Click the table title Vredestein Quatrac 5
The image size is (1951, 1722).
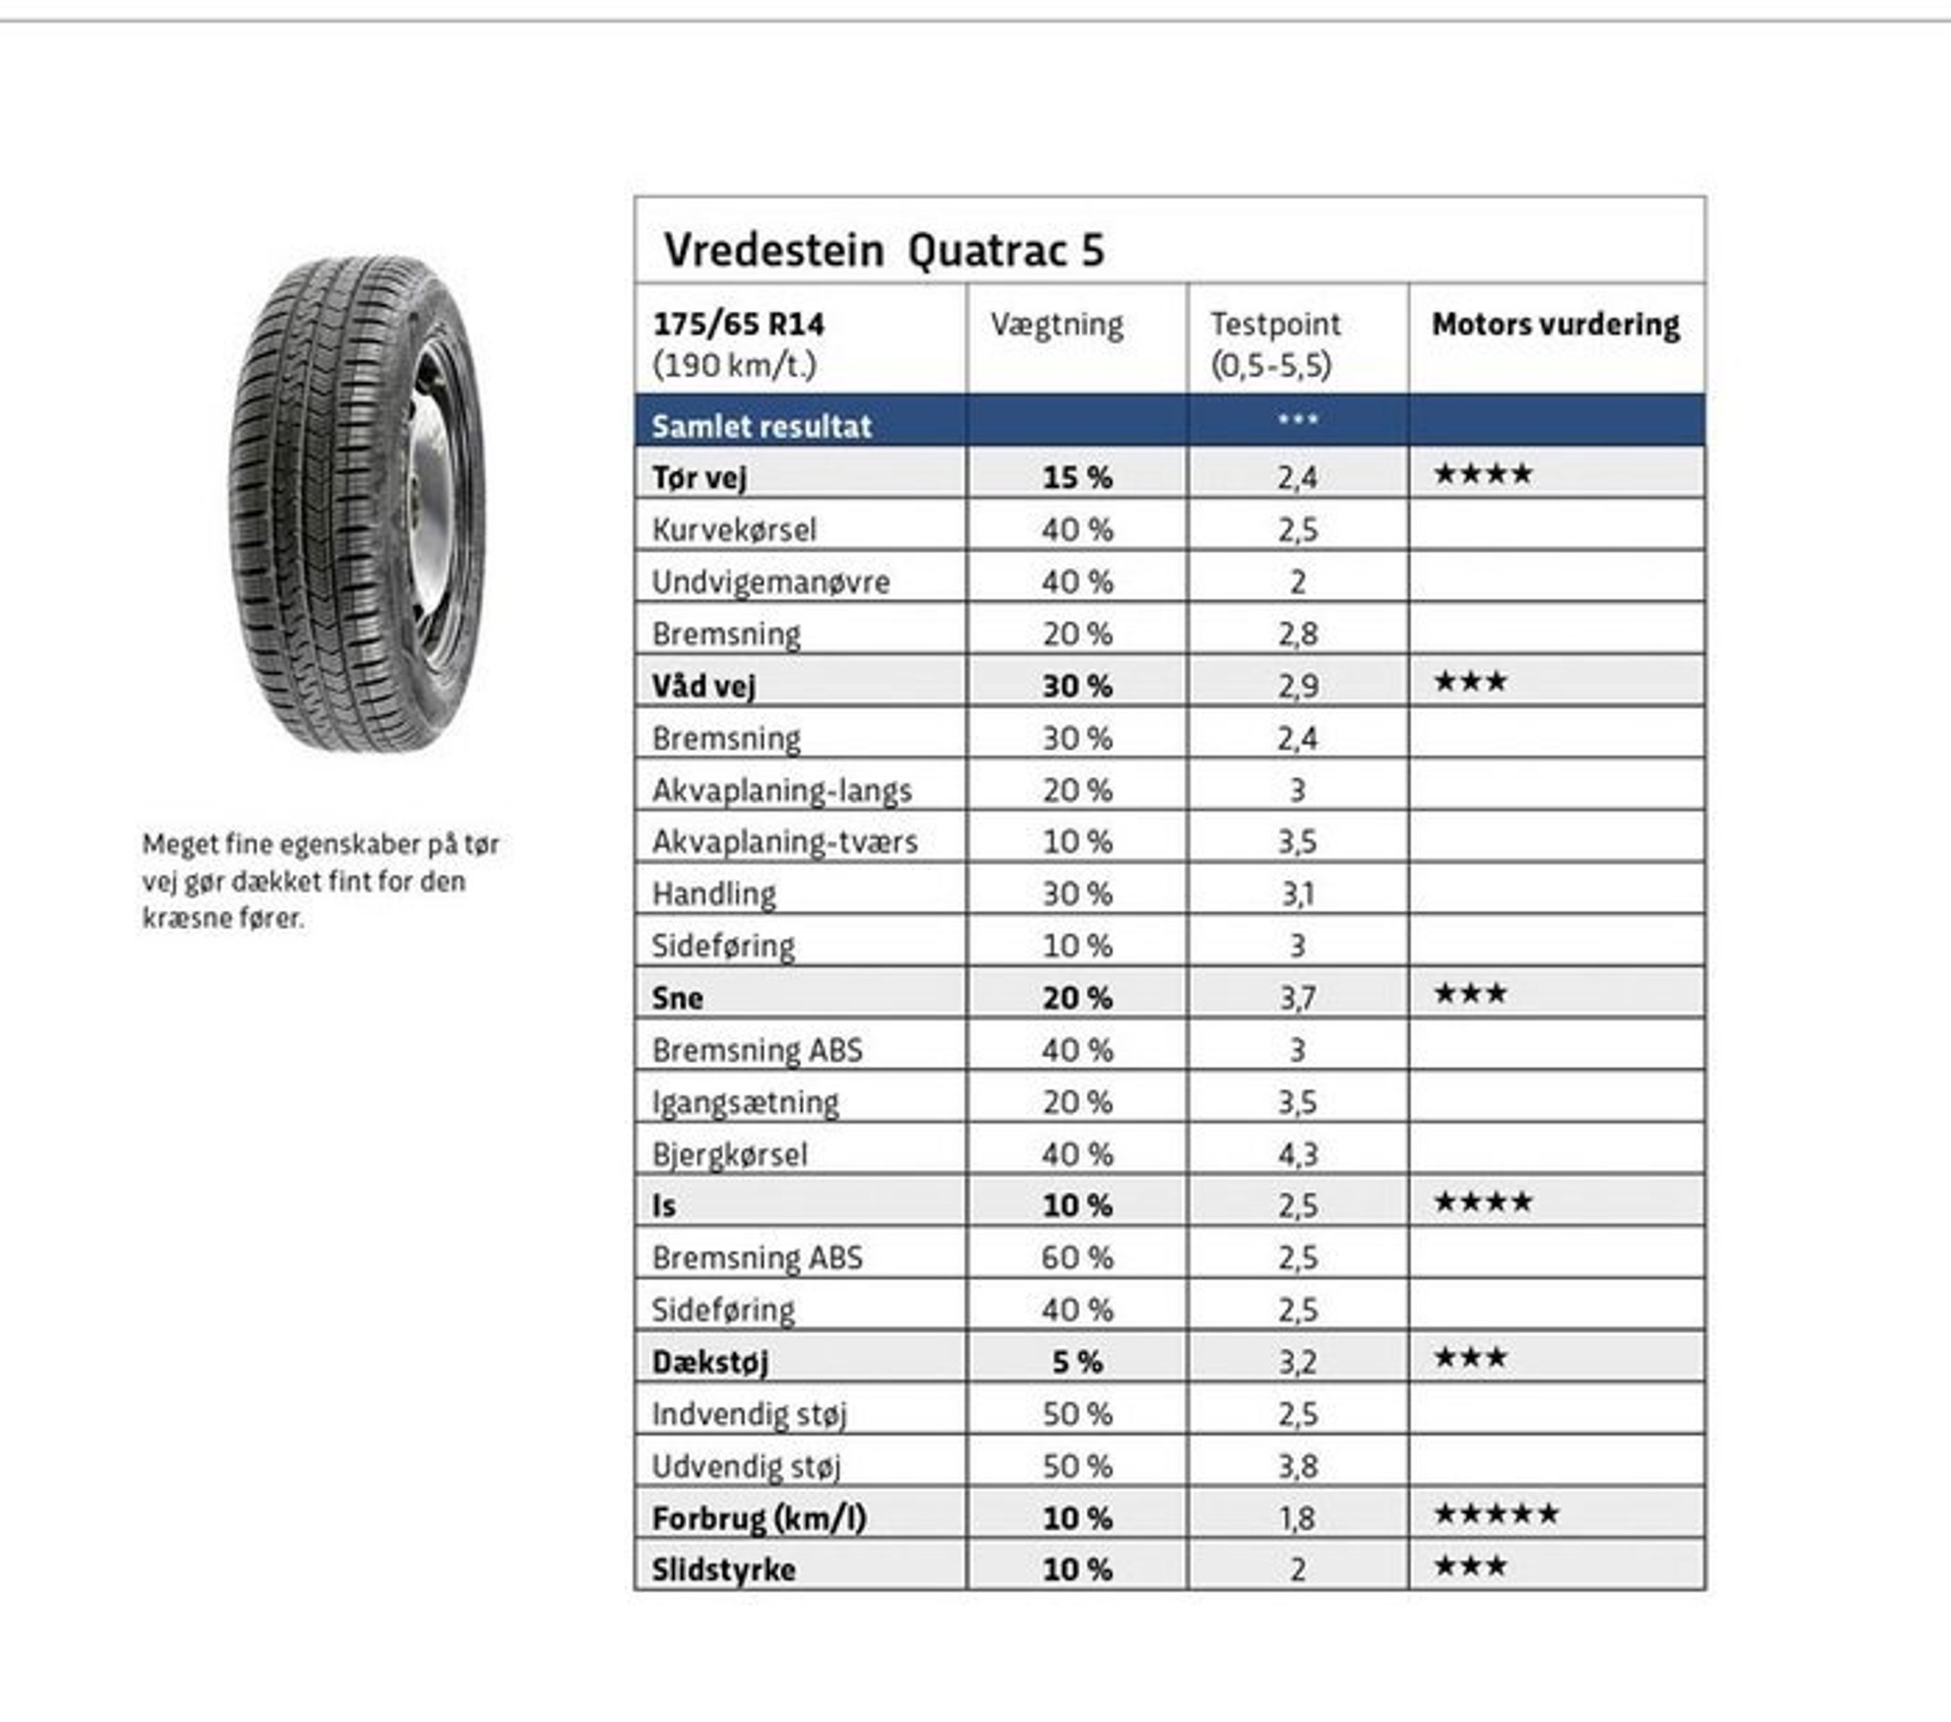(x=884, y=250)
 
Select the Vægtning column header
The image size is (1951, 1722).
(x=1057, y=325)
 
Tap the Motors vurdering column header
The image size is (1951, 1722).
(x=1555, y=325)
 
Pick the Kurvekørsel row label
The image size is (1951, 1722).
(x=734, y=530)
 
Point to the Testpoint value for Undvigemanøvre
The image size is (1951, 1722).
(x=1297, y=581)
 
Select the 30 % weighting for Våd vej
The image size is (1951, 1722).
(x=1077, y=685)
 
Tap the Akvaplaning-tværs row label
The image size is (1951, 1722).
(x=784, y=842)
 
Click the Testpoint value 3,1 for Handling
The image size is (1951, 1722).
(x=1297, y=894)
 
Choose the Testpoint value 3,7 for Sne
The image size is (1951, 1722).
(x=1297, y=998)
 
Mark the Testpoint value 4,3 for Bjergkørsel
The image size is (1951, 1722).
(x=1297, y=1154)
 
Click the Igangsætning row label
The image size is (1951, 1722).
(x=745, y=1103)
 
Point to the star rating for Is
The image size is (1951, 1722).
(x=1484, y=1202)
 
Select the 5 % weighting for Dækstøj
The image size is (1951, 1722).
(x=1077, y=1362)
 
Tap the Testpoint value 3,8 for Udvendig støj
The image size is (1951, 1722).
(x=1297, y=1466)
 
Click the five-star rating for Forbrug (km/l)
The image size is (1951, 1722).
(x=1496, y=1514)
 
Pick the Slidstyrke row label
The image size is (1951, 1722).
(x=724, y=1570)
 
